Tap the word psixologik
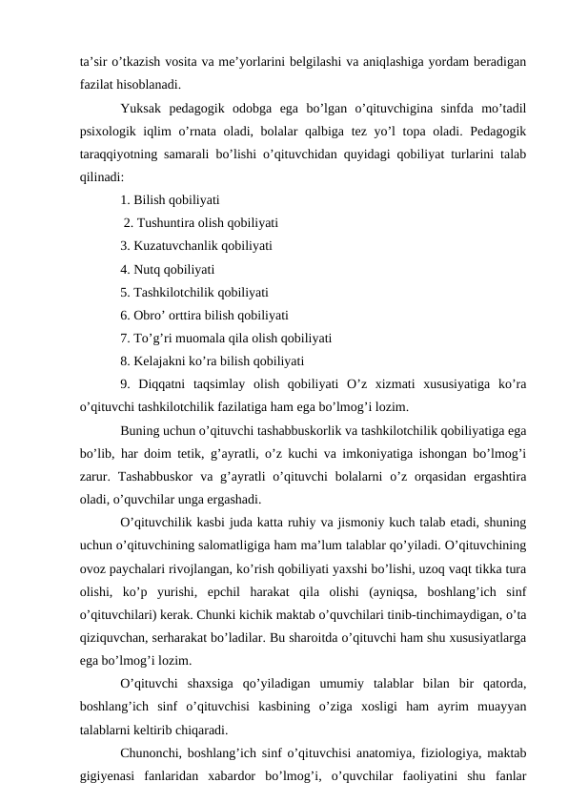tap(110, 131)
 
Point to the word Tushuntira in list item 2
tap(165, 223)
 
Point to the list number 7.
tap(125, 338)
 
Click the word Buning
tap(141, 430)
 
